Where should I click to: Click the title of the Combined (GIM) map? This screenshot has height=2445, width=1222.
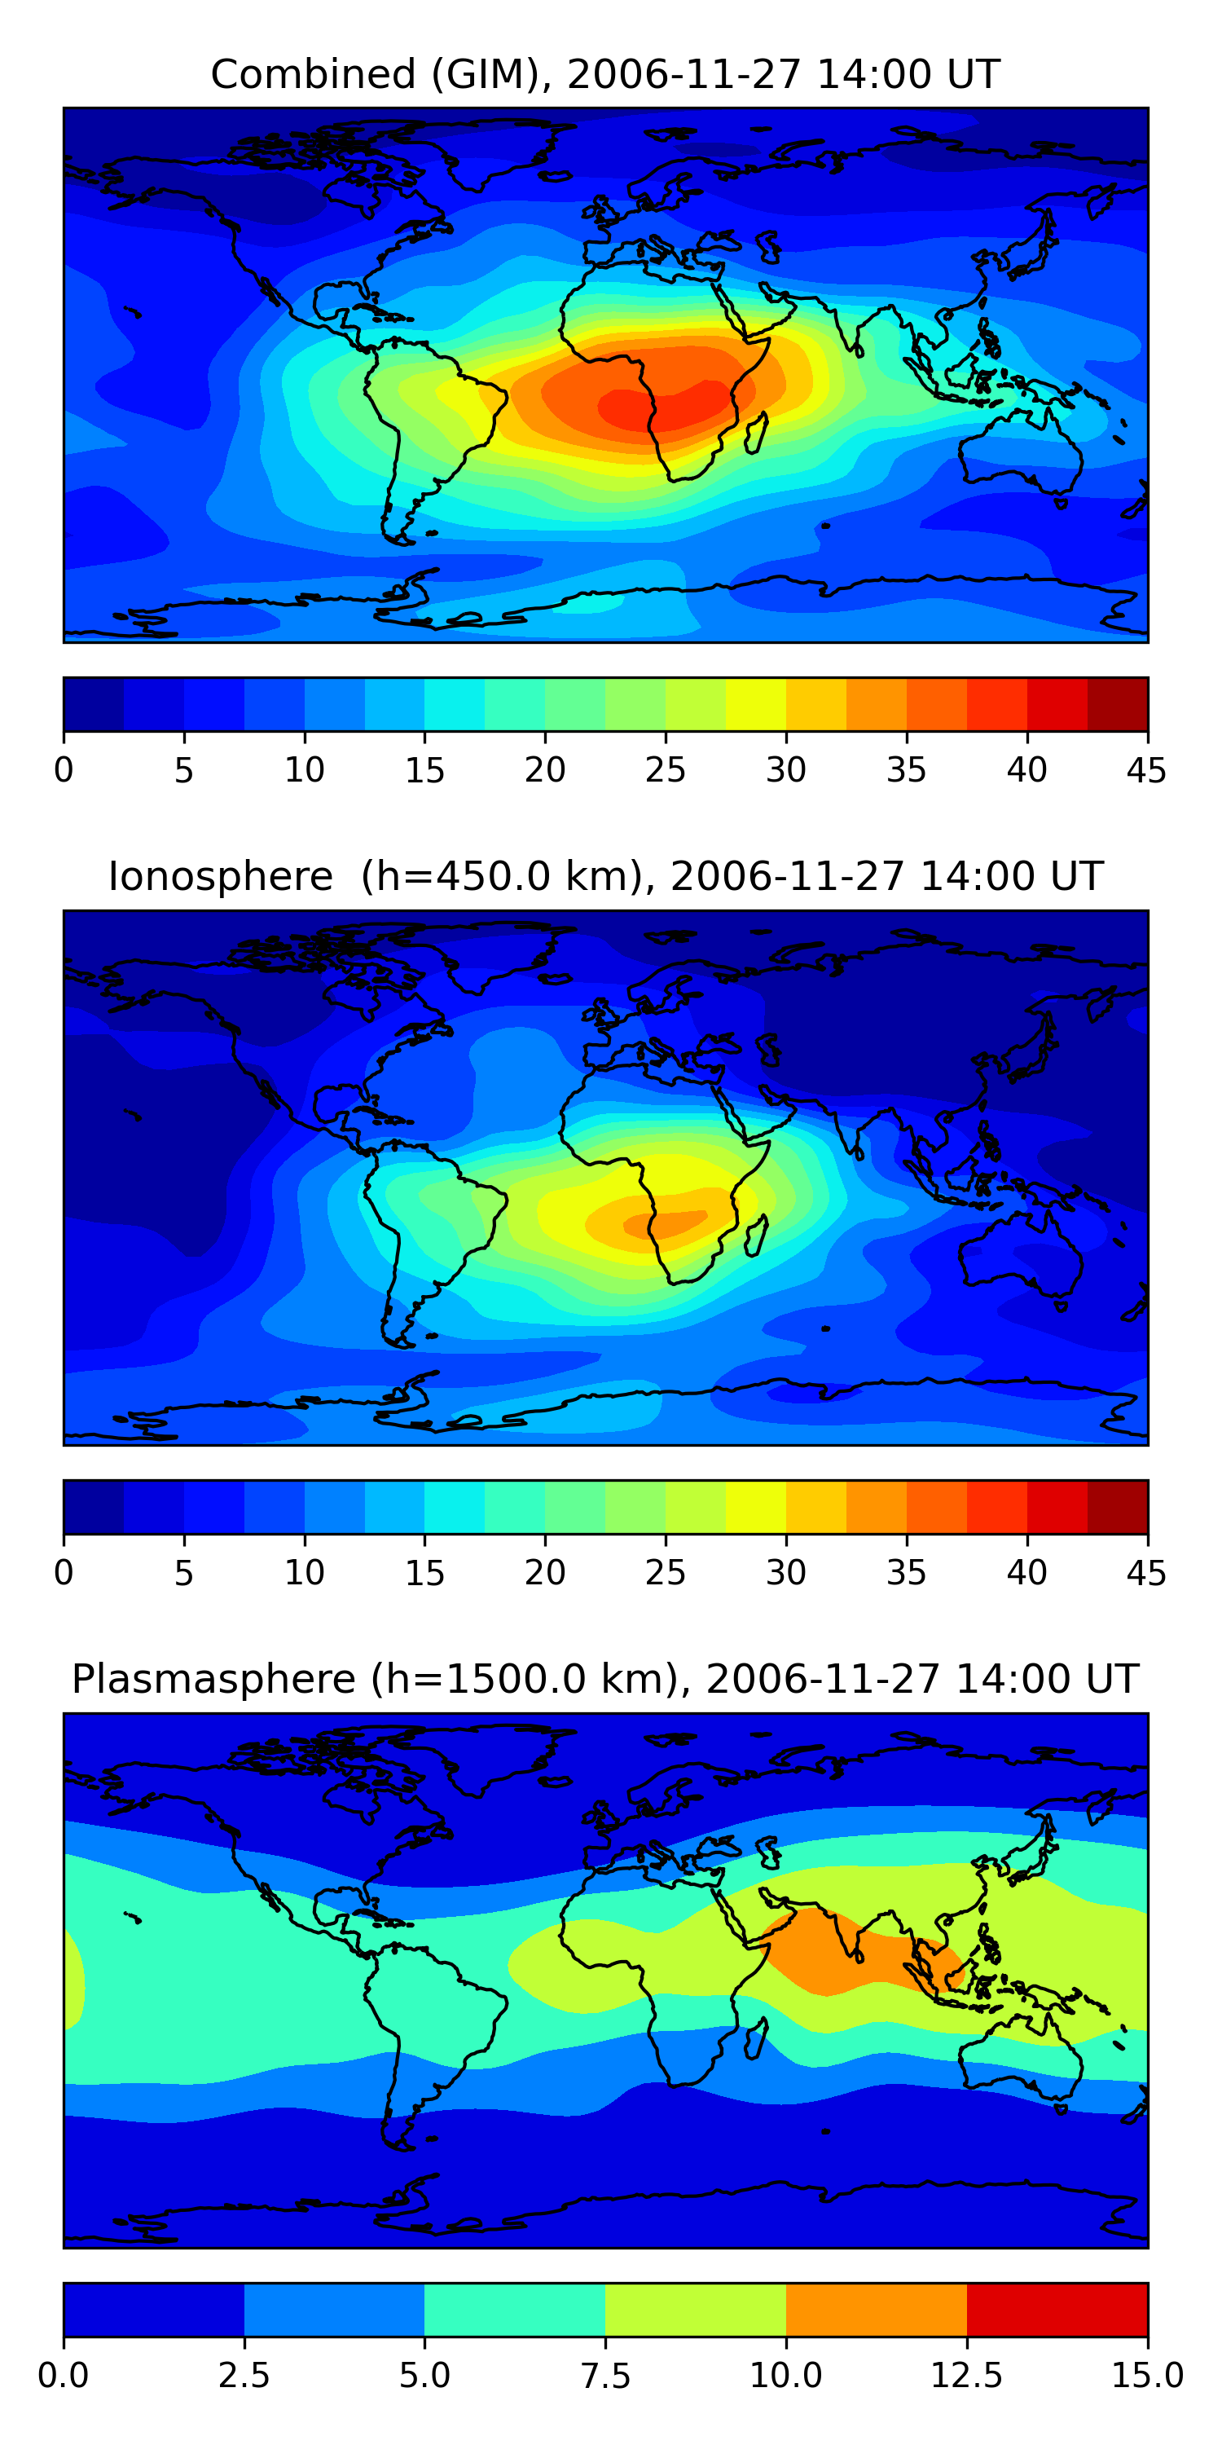[605, 74]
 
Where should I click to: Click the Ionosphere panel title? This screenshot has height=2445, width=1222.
[605, 876]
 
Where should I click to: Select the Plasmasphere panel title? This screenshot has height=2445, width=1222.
[605, 1679]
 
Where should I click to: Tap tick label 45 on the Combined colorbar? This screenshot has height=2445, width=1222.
[1146, 769]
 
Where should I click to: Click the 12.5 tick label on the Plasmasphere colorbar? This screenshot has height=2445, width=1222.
[967, 2376]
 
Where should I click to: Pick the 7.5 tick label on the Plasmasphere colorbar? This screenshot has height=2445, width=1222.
[605, 2376]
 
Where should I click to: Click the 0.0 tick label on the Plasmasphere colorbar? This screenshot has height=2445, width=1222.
[64, 2376]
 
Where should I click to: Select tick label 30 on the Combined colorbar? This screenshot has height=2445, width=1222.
[785, 769]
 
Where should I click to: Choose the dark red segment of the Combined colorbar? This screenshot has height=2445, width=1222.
[1118, 704]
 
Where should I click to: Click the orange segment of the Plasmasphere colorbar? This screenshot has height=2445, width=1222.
[877, 2309]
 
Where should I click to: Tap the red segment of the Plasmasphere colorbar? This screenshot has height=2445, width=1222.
[1057, 2309]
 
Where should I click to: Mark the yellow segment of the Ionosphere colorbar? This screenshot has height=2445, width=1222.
[755, 1506]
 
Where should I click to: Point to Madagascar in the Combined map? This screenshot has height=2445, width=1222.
[756, 433]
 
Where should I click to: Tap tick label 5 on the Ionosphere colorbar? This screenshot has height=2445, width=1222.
[184, 1573]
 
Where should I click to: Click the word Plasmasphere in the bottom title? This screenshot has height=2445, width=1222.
[213, 1680]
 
